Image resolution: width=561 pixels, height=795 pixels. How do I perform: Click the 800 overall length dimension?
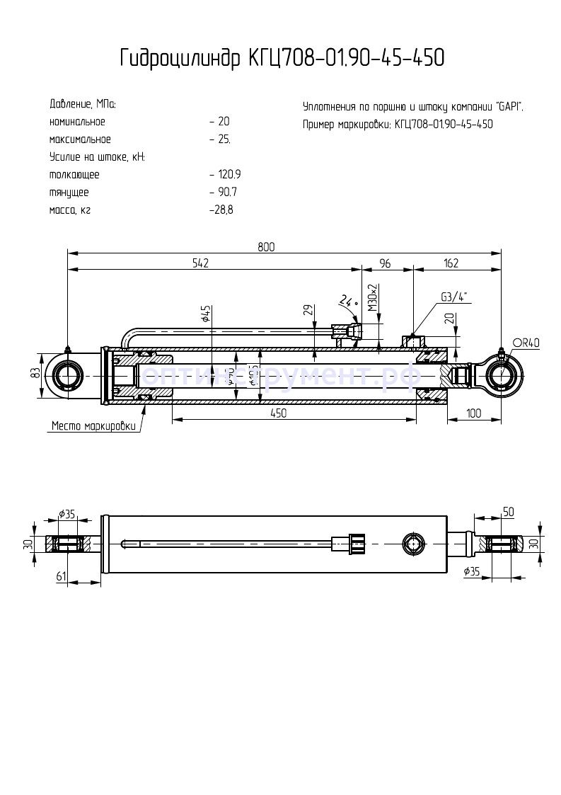click(x=266, y=246)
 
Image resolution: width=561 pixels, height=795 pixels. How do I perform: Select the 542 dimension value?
click(x=200, y=263)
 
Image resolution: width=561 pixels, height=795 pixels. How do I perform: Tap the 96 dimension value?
click(x=385, y=263)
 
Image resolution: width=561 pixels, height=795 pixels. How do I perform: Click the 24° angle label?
click(x=347, y=301)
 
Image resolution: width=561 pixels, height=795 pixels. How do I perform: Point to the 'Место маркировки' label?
click(x=93, y=426)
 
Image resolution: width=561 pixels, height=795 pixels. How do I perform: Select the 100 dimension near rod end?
click(x=474, y=413)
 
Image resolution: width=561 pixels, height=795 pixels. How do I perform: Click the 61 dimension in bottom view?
click(x=61, y=576)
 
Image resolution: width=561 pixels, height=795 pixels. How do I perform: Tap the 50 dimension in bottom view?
click(x=507, y=511)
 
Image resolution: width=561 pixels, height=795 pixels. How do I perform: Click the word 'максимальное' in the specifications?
click(x=80, y=139)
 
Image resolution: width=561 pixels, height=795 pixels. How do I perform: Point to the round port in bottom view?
click(x=411, y=544)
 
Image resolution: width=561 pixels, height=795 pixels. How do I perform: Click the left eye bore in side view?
click(x=70, y=374)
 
